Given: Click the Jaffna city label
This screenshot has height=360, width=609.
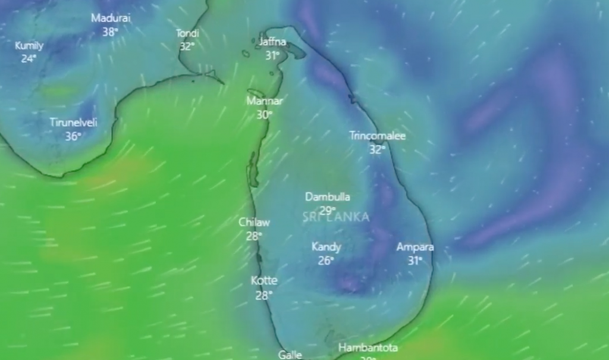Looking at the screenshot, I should pos(272,42).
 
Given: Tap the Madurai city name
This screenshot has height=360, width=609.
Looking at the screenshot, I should pos(111,18).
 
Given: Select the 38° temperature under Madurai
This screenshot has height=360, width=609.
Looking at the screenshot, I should pos(110,32).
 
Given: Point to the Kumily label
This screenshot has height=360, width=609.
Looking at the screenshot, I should pos(29,45).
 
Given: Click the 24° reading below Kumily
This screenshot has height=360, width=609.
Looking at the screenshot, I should pos(29,58).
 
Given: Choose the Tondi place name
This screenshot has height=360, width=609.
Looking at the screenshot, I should pos(187,33).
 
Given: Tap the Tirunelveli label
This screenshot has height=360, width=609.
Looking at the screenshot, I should pos(73,123).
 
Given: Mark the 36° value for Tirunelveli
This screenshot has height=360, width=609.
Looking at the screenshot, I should pos(73,136).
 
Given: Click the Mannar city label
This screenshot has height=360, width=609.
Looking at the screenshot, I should pos(265,101).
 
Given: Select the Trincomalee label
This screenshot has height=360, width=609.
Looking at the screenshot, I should pos(377,136).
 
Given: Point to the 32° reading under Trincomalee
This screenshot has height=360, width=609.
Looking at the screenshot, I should pos(377,149).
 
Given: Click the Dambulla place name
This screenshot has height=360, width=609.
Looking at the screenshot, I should pos(328,196).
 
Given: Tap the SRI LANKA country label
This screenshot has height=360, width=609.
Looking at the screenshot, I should pos(336,217).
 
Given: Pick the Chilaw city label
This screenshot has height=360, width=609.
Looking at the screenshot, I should pos(254,222).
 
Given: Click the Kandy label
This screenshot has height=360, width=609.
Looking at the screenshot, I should pos(327,246).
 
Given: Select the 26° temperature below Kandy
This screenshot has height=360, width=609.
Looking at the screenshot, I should pos(326,260).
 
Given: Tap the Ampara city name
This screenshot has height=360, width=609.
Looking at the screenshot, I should pos(415,246).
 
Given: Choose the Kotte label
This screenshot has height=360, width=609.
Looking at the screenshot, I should pos(264,280).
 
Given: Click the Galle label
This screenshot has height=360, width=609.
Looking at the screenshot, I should pos(290,355).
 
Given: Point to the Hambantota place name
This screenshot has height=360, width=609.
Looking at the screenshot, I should pos(368,348).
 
